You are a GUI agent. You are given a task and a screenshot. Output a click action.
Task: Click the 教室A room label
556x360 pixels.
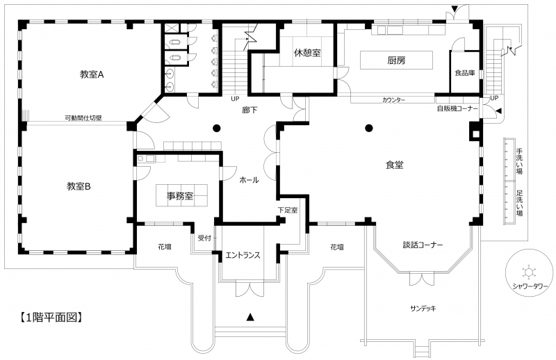92,74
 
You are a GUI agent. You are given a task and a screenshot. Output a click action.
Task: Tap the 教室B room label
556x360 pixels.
79,186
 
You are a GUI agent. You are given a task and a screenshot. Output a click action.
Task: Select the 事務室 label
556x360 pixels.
180,195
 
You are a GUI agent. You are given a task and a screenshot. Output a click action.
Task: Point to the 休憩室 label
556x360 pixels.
307,53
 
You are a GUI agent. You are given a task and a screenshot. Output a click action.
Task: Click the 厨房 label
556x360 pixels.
396,60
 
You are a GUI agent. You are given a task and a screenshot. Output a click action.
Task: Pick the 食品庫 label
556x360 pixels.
465,73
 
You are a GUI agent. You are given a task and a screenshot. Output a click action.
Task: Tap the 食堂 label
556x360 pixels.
394,165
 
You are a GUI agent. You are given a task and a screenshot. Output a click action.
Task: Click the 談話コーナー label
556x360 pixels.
423,245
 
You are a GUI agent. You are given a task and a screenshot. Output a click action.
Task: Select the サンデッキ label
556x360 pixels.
423,308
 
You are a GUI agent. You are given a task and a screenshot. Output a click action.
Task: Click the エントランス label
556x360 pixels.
243,255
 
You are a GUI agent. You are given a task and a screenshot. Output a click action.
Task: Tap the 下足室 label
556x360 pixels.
288,210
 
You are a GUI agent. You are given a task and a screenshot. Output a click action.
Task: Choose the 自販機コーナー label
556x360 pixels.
457,108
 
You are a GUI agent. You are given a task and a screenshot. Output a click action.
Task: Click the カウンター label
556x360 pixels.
393,100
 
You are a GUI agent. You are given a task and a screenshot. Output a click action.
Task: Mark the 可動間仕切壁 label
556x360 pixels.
83,117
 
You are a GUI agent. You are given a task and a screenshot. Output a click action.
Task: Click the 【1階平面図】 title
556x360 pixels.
51,317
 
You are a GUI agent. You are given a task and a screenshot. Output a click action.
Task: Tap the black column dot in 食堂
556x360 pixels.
369,128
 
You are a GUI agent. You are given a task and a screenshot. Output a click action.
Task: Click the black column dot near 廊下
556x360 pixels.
216,128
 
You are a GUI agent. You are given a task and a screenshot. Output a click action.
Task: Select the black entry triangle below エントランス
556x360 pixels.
250,317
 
